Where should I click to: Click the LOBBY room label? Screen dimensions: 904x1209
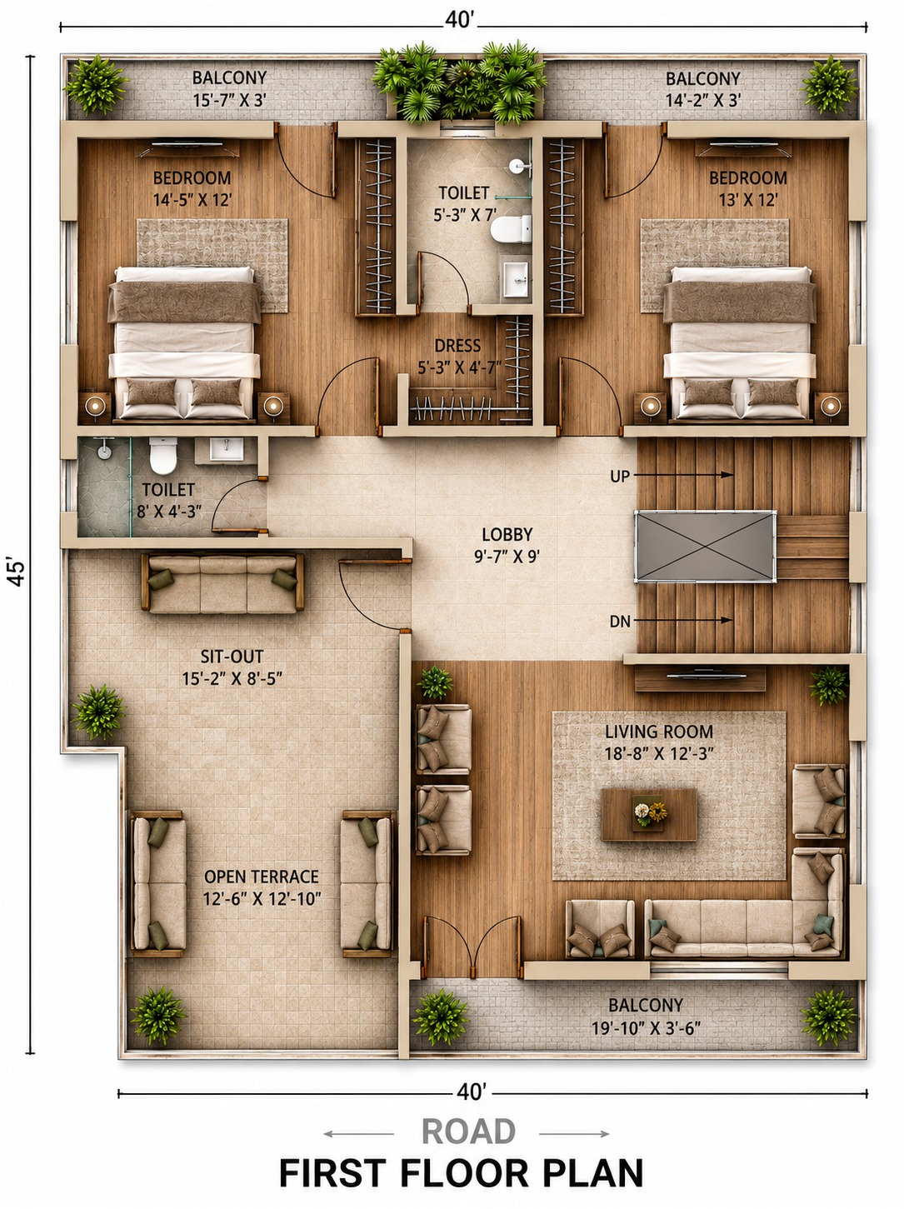click(507, 534)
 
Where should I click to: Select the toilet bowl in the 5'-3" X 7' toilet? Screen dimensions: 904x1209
click(511, 229)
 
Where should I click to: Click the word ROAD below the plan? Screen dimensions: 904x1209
click(468, 1132)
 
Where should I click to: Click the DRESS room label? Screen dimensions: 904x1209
click(457, 346)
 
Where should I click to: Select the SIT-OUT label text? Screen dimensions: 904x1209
click(232, 657)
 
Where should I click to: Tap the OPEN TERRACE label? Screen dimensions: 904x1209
click(262, 877)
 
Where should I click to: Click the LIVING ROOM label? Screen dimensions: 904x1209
click(659, 732)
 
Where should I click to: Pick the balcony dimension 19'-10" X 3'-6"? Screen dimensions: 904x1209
click(646, 1028)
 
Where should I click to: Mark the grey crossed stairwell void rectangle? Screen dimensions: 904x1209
click(705, 547)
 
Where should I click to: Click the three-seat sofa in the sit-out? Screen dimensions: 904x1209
click(222, 583)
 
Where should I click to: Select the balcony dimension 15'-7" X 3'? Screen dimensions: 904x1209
click(230, 100)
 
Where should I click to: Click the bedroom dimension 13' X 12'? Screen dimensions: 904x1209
click(747, 199)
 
